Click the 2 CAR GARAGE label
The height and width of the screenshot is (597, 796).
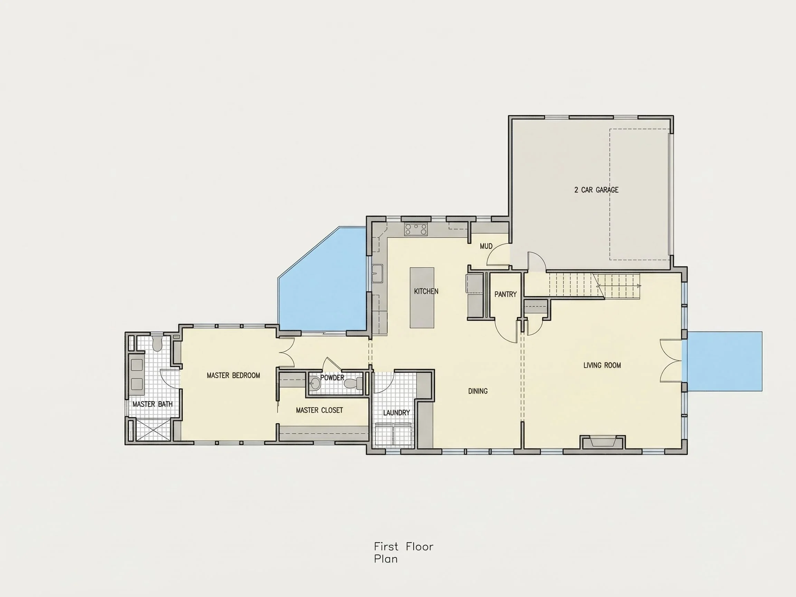coord(596,190)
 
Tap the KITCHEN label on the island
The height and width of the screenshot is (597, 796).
coord(426,291)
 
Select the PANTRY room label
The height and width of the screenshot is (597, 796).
coord(505,294)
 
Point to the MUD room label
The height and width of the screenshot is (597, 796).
coord(486,246)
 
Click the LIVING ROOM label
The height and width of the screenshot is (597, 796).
coord(602,365)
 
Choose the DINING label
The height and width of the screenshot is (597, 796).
coord(478,391)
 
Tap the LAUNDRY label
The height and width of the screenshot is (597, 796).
coord(396,413)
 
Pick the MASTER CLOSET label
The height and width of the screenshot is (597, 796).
coord(319,410)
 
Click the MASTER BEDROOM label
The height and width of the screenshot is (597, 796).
coord(233,375)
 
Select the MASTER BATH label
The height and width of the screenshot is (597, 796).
coord(153,404)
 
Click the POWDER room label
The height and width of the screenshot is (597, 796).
coord(332,378)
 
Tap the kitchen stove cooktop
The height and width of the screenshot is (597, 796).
coord(416,230)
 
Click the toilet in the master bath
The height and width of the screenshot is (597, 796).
coord(157,343)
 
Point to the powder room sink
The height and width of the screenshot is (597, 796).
coord(315,383)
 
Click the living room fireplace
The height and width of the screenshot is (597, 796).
coord(603,442)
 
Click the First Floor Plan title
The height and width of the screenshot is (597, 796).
coord(404,553)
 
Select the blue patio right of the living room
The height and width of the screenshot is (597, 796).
coord(722,361)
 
